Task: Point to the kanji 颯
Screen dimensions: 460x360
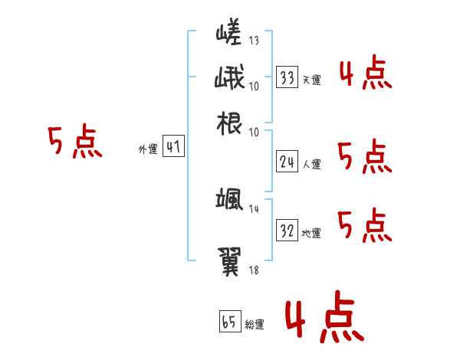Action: (229, 201)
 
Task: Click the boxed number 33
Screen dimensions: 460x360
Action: (287, 77)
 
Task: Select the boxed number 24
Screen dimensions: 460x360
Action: (287, 162)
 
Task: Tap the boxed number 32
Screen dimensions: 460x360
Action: (287, 231)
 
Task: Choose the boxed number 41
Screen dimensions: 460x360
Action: (173, 148)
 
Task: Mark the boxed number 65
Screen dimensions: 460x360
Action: (229, 322)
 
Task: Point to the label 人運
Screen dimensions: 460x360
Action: (311, 164)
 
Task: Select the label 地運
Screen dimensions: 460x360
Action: (311, 233)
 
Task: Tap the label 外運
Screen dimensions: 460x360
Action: (148, 150)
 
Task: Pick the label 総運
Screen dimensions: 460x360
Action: (254, 325)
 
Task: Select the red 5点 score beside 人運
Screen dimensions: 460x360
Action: (365, 157)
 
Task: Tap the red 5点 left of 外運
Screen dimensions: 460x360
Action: (74, 143)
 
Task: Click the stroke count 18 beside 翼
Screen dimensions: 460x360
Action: (254, 270)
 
